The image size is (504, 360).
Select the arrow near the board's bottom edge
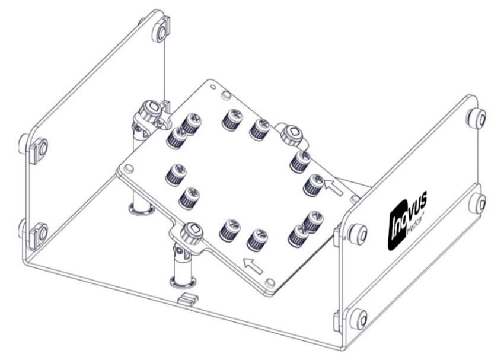click(x=253, y=266)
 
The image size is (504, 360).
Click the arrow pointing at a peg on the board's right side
click(x=333, y=187)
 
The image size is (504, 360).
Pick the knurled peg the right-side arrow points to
click(x=314, y=185)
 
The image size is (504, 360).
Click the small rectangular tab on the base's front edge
click(x=188, y=299)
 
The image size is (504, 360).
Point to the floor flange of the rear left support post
click(x=142, y=208)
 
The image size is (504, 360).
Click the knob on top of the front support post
click(x=192, y=232)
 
